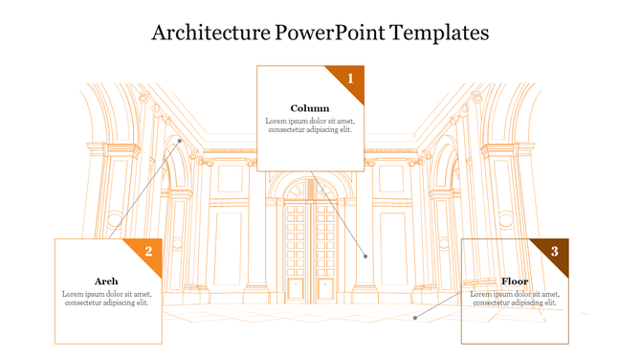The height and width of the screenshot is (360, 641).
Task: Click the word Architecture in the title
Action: [x=210, y=33]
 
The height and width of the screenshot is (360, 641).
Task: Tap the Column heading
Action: [x=310, y=108]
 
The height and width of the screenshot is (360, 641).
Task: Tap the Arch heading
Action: [x=106, y=281]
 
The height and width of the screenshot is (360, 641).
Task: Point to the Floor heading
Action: [x=515, y=281]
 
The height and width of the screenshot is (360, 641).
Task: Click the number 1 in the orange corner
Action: [x=350, y=78]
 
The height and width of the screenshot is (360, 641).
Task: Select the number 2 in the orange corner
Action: [x=148, y=251]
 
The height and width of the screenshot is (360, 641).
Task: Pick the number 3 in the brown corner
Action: [x=555, y=251]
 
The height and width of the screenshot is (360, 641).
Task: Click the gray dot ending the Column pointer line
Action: [x=365, y=256]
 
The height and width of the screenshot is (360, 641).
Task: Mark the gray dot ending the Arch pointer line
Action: [x=179, y=141]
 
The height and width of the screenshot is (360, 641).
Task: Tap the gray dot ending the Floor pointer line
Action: [x=414, y=317]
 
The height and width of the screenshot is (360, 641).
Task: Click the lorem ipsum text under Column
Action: [x=310, y=125]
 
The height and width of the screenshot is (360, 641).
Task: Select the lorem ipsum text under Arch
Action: [x=106, y=299]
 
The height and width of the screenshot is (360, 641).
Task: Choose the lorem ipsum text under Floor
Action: [x=515, y=299]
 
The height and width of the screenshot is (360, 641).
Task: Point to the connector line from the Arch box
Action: [x=144, y=191]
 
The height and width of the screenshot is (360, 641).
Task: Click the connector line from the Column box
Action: [x=340, y=213]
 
